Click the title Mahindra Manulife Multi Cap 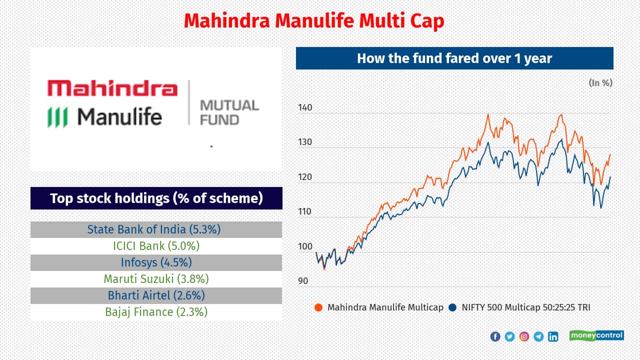[x=313, y=21]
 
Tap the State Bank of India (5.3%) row [x=156, y=229]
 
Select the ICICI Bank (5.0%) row [x=156, y=246]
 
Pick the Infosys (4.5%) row [x=156, y=262]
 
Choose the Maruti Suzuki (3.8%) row [x=156, y=279]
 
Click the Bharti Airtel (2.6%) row [x=156, y=295]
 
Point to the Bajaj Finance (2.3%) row [x=156, y=312]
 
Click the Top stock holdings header [x=156, y=198]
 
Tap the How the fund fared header [x=454, y=58]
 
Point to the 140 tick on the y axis [x=304, y=107]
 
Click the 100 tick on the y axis [x=304, y=246]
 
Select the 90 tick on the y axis [x=303, y=281]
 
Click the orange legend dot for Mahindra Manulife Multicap [x=318, y=307]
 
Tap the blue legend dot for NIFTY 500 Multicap [x=452, y=307]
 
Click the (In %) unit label [x=600, y=83]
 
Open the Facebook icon [x=495, y=336]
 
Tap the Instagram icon [x=524, y=336]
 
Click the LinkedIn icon [x=553, y=336]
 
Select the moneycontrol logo [x=596, y=335]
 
